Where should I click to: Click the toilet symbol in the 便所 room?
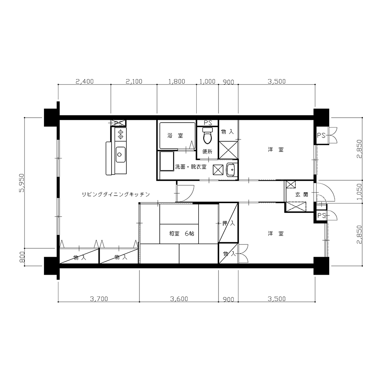(x=207, y=136)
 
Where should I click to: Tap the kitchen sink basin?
(x=120, y=154)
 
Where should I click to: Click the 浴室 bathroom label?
(x=175, y=136)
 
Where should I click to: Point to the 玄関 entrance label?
(x=302, y=194)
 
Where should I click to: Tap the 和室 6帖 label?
(x=182, y=233)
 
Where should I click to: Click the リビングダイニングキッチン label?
(x=115, y=194)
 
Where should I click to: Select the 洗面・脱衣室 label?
(x=191, y=167)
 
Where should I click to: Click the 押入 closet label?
(x=228, y=223)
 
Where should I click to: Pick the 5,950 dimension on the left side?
(x=21, y=183)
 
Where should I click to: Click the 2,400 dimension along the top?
(x=84, y=81)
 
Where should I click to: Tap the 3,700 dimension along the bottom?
(x=99, y=299)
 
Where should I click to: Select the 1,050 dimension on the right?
(x=359, y=192)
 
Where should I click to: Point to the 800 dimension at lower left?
(x=22, y=257)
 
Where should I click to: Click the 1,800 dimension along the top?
(x=177, y=81)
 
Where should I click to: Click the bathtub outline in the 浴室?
(x=177, y=136)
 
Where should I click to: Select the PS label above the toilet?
(x=207, y=123)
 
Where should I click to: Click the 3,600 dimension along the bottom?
(x=179, y=299)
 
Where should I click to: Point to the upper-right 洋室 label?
(x=276, y=150)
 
